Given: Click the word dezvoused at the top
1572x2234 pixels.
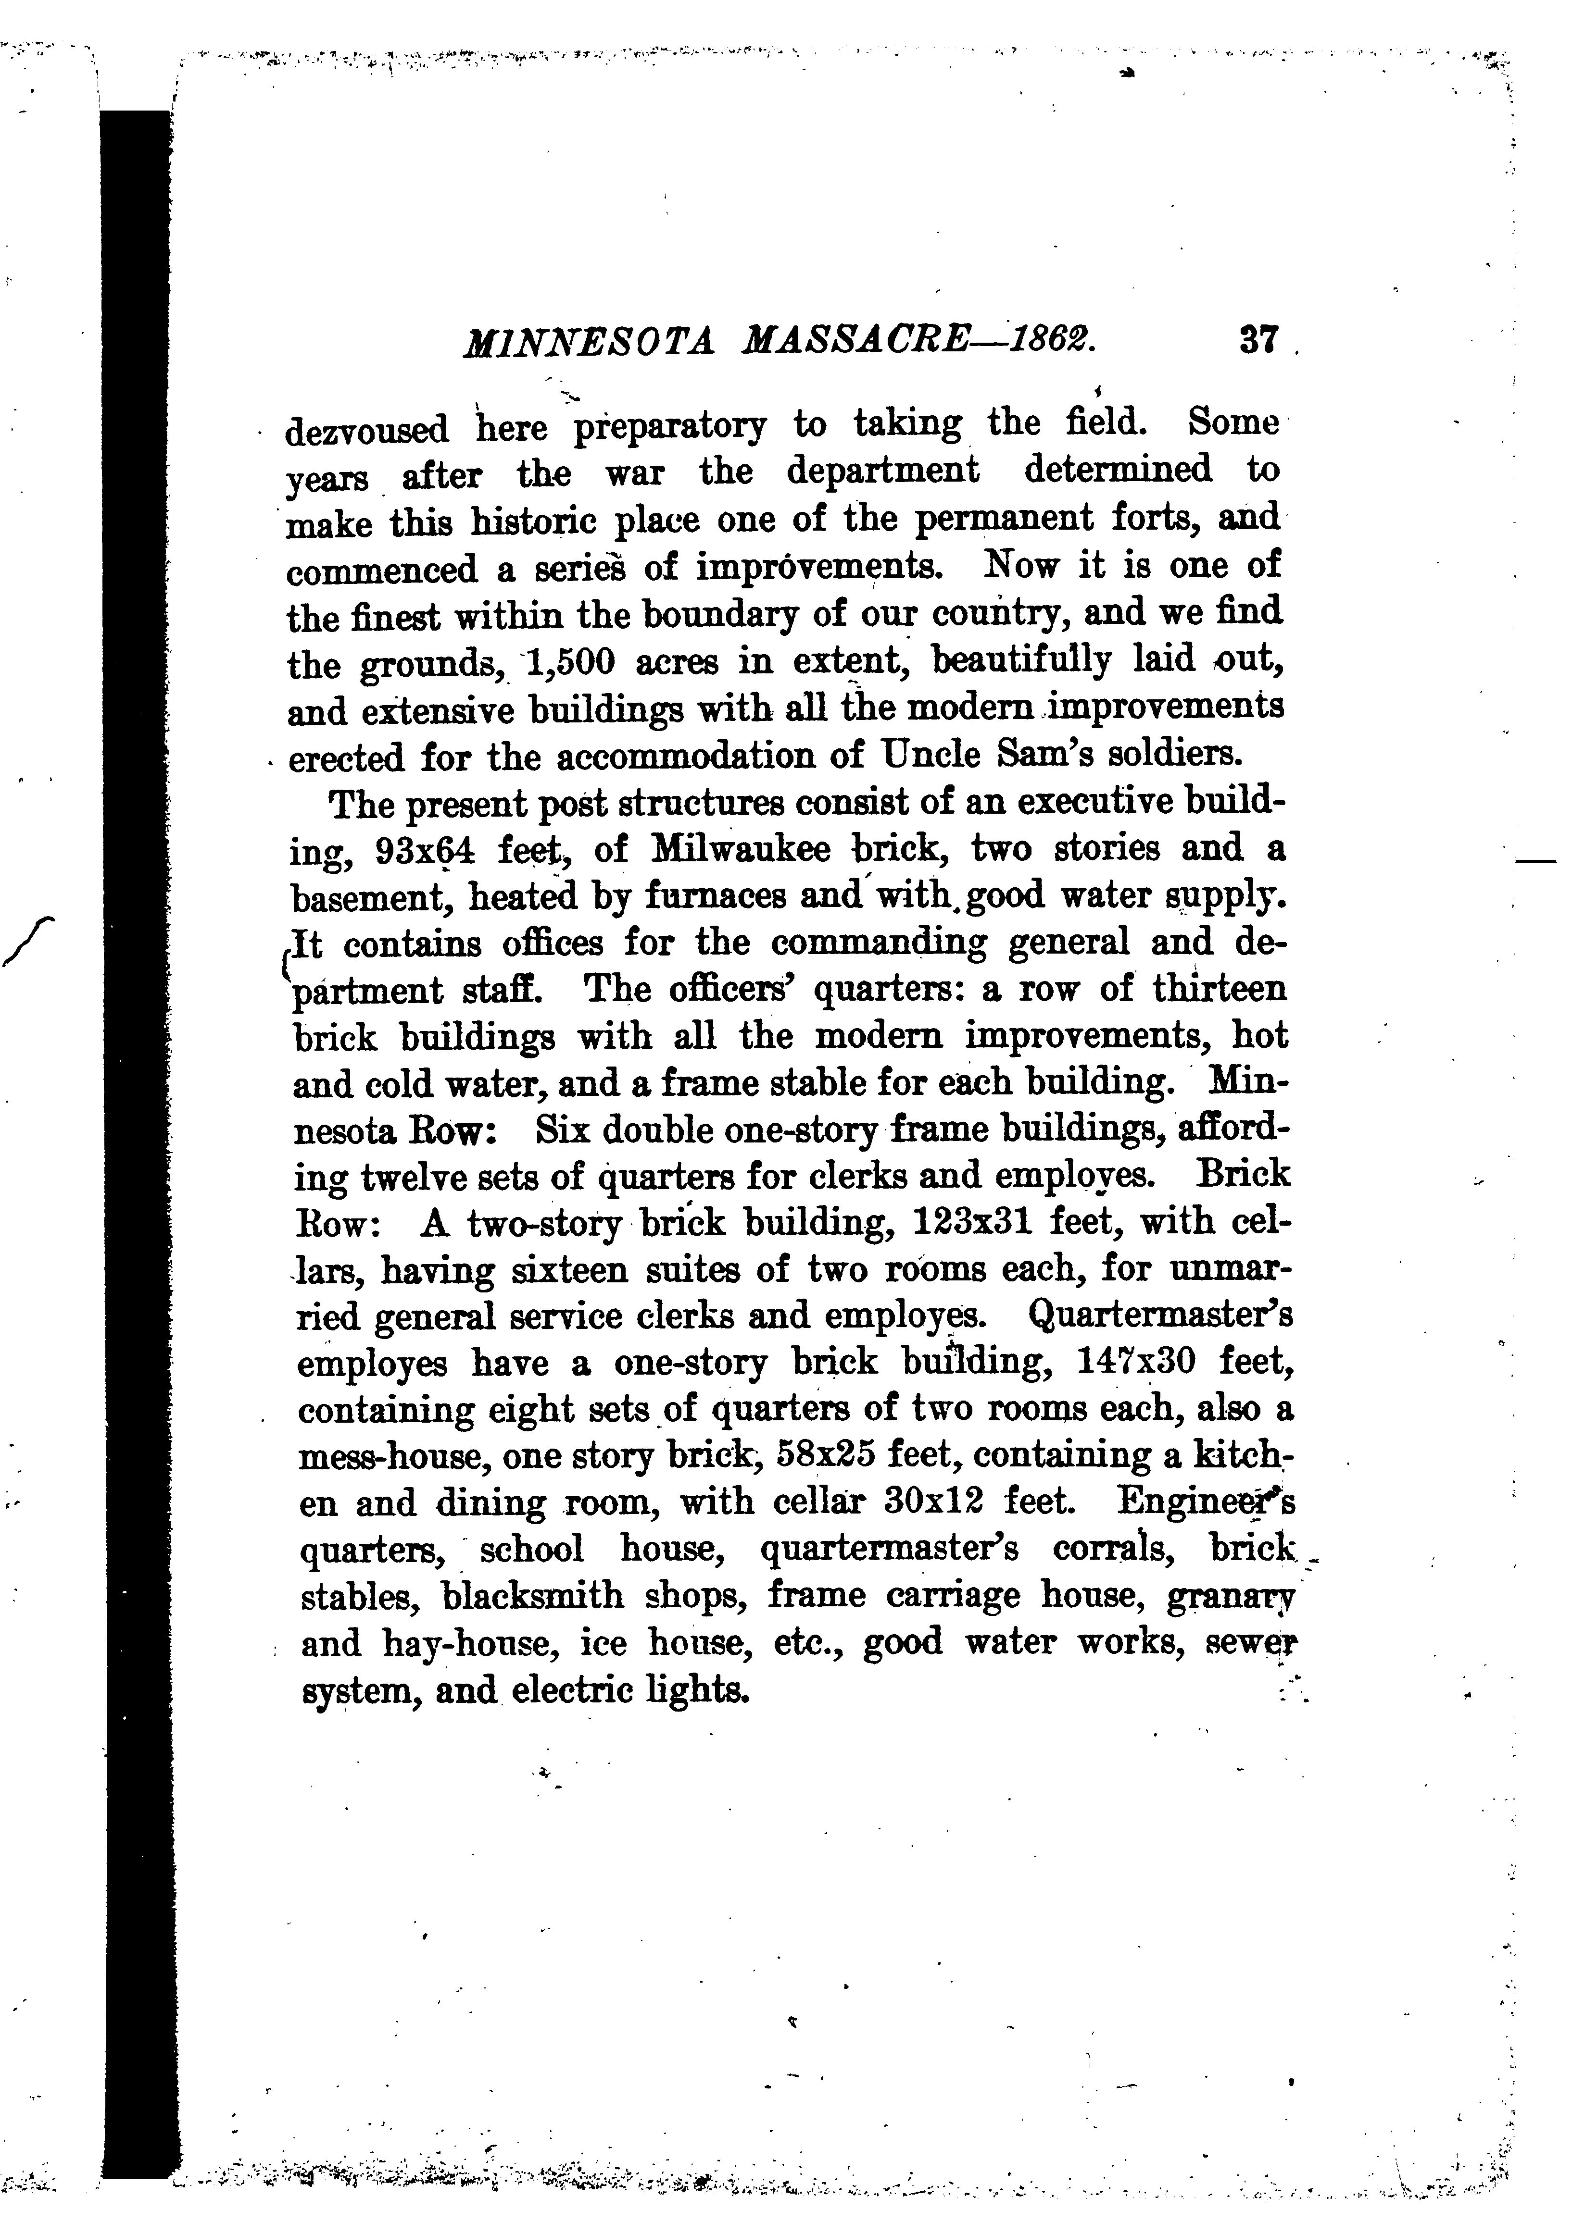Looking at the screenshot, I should (366, 429).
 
